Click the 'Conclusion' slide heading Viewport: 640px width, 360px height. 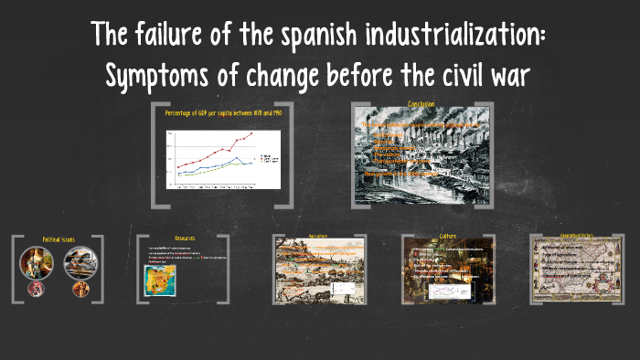click(x=421, y=104)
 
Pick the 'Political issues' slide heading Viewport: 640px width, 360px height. click(x=58, y=239)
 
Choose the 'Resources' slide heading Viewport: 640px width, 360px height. click(x=185, y=238)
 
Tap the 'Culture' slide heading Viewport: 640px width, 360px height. click(x=448, y=236)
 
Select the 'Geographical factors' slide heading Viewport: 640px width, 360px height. click(x=576, y=236)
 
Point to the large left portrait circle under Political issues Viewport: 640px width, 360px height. click(x=38, y=263)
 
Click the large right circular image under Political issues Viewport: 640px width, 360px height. click(x=79, y=263)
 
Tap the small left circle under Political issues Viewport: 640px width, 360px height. click(x=37, y=289)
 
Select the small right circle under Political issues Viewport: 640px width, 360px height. click(x=80, y=290)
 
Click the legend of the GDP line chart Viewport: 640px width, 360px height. click(x=268, y=159)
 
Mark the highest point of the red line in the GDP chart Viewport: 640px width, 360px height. click(x=251, y=133)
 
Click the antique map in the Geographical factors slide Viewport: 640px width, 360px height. click(x=576, y=270)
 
